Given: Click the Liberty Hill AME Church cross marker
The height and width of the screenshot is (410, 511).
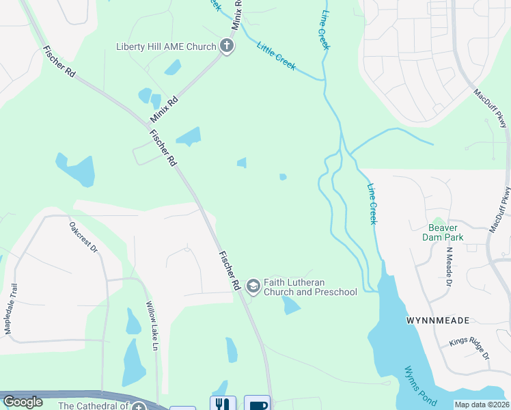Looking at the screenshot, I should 227,46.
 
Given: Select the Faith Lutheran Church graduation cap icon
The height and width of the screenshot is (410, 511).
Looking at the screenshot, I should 253,286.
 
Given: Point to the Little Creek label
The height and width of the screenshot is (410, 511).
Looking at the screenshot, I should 276,56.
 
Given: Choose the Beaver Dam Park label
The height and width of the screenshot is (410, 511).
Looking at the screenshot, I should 445,232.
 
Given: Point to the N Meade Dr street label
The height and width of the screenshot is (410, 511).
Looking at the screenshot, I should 449,266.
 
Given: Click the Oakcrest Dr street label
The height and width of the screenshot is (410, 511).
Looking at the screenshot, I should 84,236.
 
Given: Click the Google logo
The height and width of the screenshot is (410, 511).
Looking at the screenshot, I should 23,402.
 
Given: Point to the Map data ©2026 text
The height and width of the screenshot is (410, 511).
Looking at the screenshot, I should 482,405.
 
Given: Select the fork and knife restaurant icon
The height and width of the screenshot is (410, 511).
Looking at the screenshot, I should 223,403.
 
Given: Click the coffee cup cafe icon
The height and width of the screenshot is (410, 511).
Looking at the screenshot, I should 257,403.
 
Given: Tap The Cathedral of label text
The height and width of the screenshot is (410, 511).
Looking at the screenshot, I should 94,405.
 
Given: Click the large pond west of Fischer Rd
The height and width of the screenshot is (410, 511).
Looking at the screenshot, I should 75,170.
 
